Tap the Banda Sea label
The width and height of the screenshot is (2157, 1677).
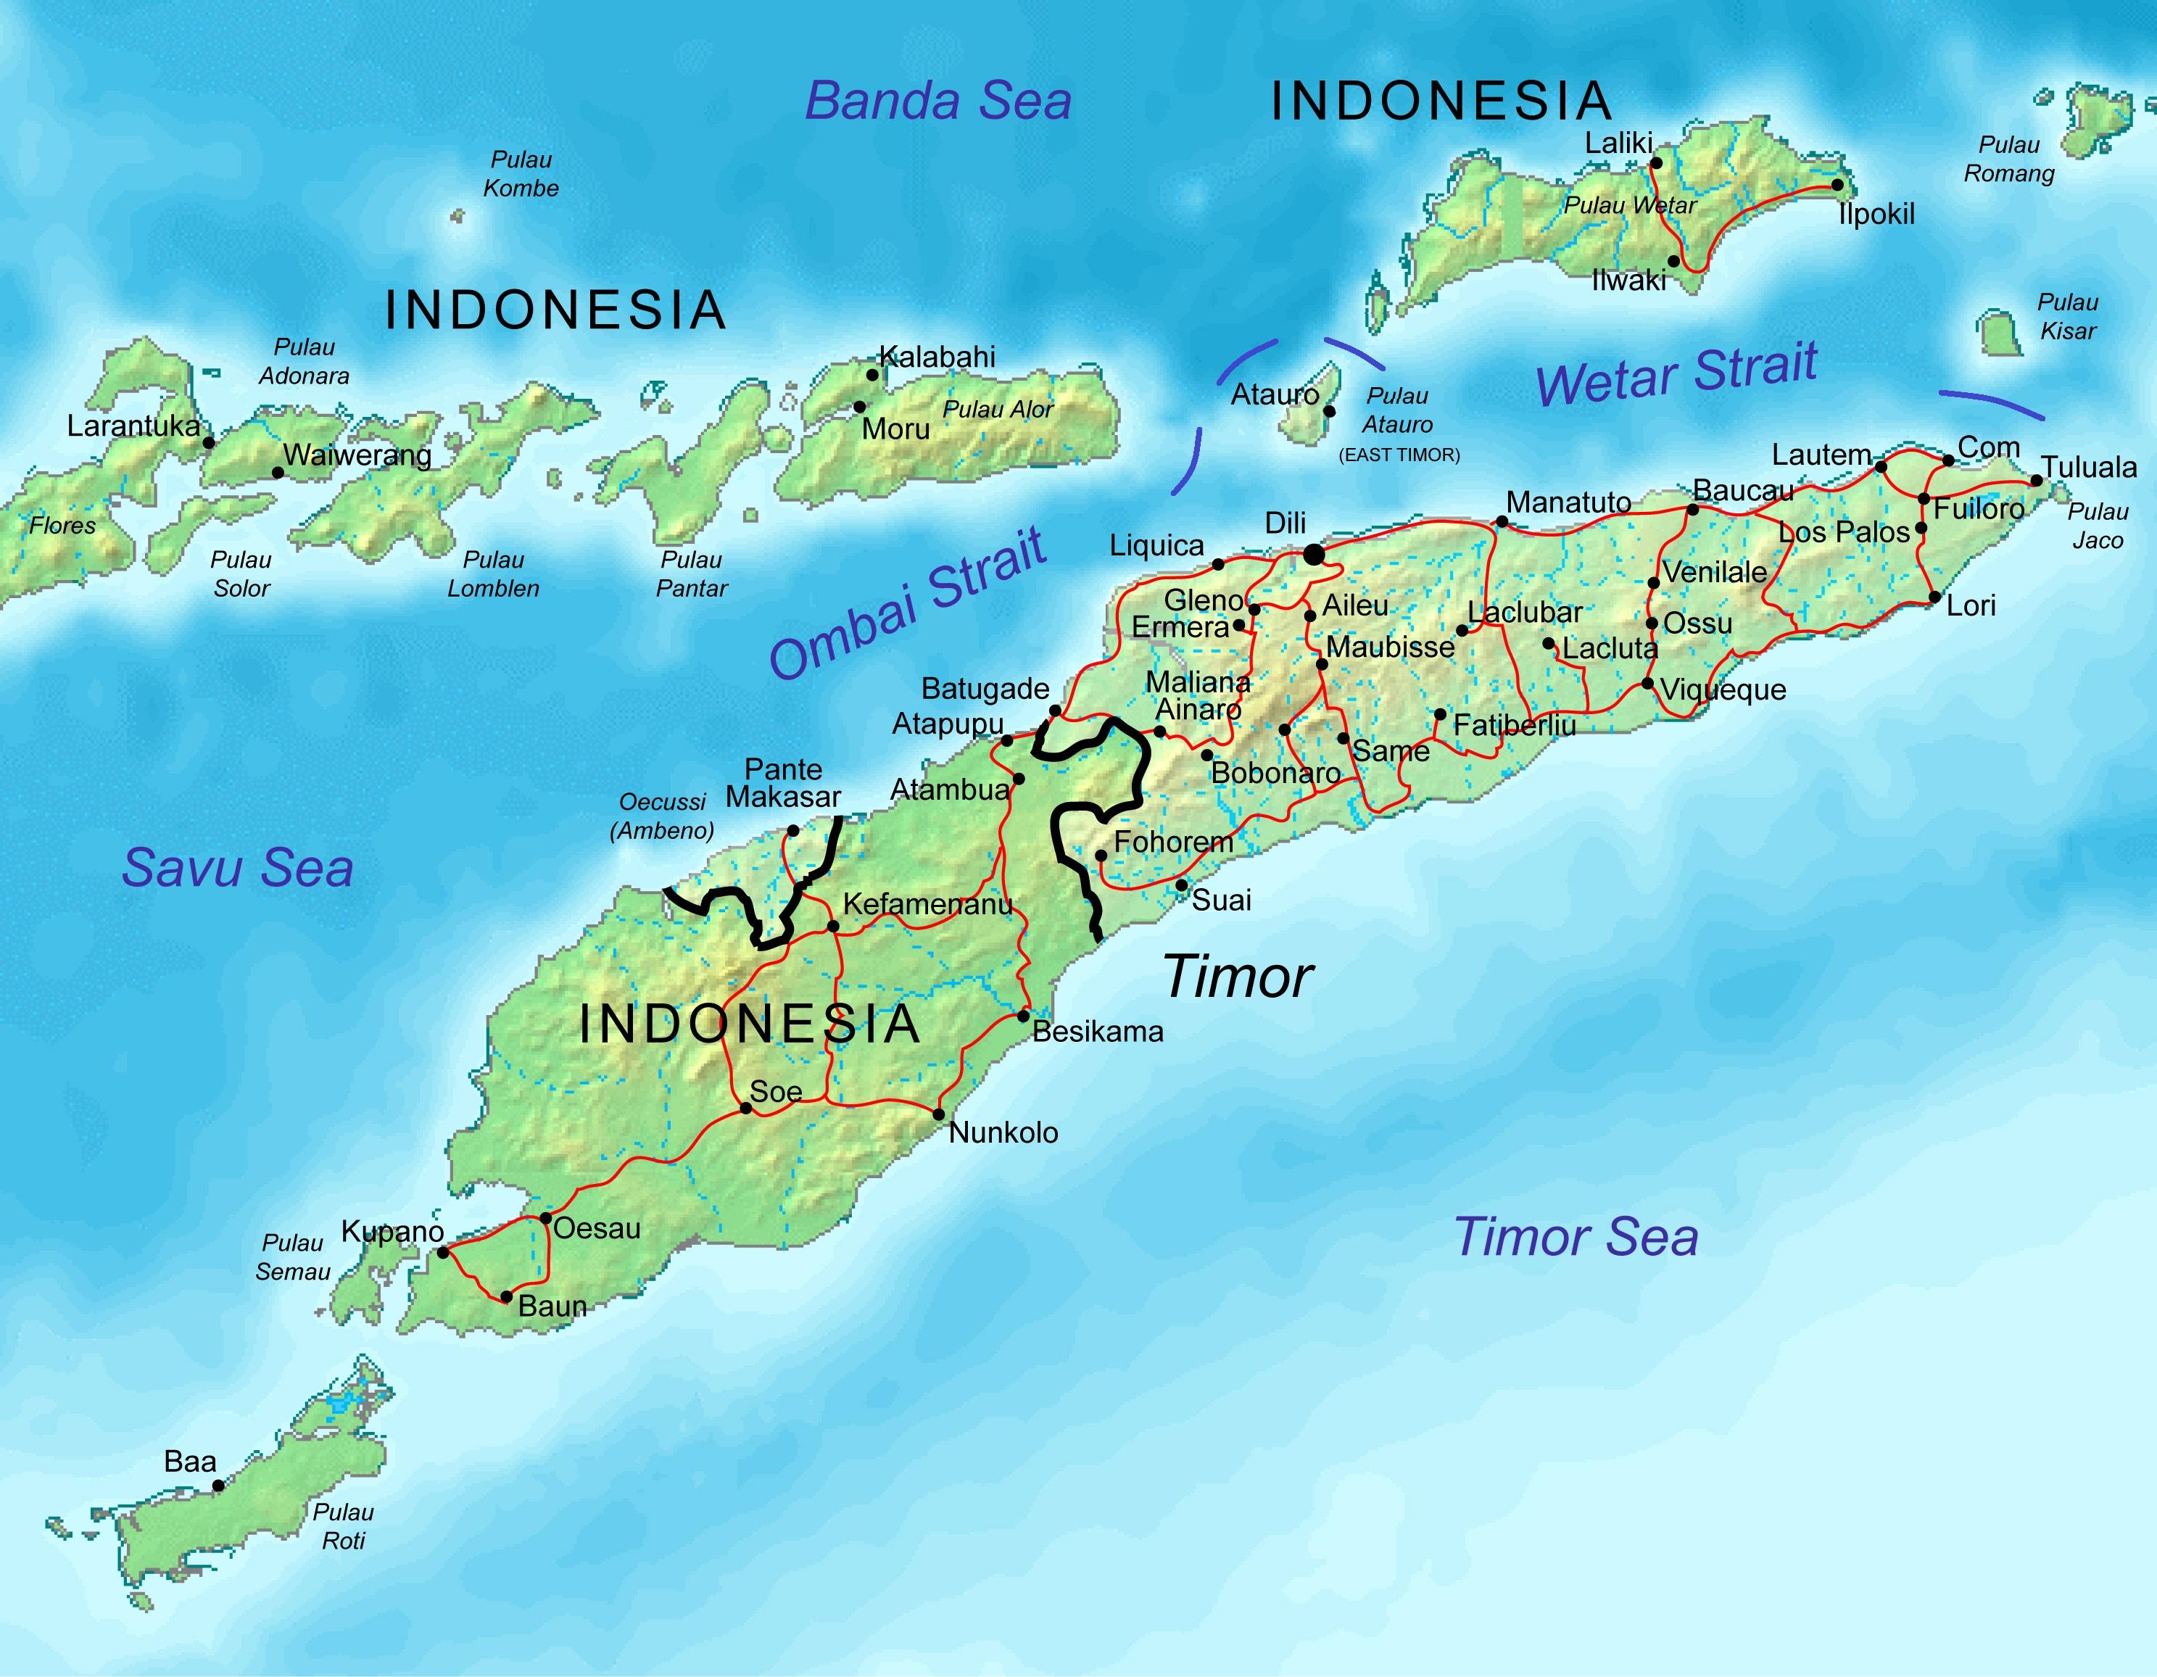point(938,102)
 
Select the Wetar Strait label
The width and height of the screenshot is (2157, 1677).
point(1676,373)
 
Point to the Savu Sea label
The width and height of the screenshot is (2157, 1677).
point(237,868)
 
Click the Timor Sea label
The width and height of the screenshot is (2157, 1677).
point(1576,1236)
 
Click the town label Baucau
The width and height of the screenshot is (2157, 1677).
point(1742,491)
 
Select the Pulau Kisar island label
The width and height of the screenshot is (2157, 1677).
point(2067,316)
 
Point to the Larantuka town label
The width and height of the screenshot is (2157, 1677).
point(133,426)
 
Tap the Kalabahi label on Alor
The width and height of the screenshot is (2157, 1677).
point(937,357)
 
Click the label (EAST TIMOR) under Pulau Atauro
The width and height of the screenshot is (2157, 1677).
point(1399,455)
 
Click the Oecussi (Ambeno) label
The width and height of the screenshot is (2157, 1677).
point(662,816)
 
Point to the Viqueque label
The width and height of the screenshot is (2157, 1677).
point(1723,690)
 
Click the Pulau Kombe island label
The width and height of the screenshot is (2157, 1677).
point(521,174)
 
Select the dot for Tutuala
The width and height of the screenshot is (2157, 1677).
point(2035,481)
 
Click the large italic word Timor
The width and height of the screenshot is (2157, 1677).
point(1238,978)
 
